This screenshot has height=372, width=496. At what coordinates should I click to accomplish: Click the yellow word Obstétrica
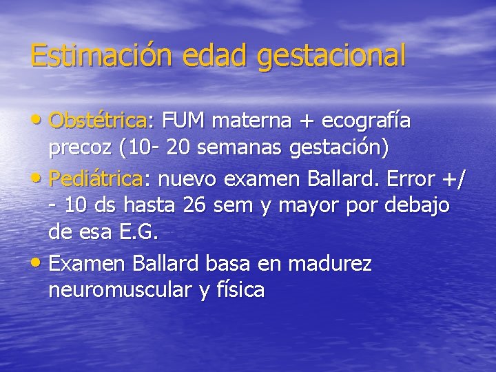98,122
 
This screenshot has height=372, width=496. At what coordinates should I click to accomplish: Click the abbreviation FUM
184,122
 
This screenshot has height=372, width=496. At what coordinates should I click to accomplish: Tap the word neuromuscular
120,291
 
